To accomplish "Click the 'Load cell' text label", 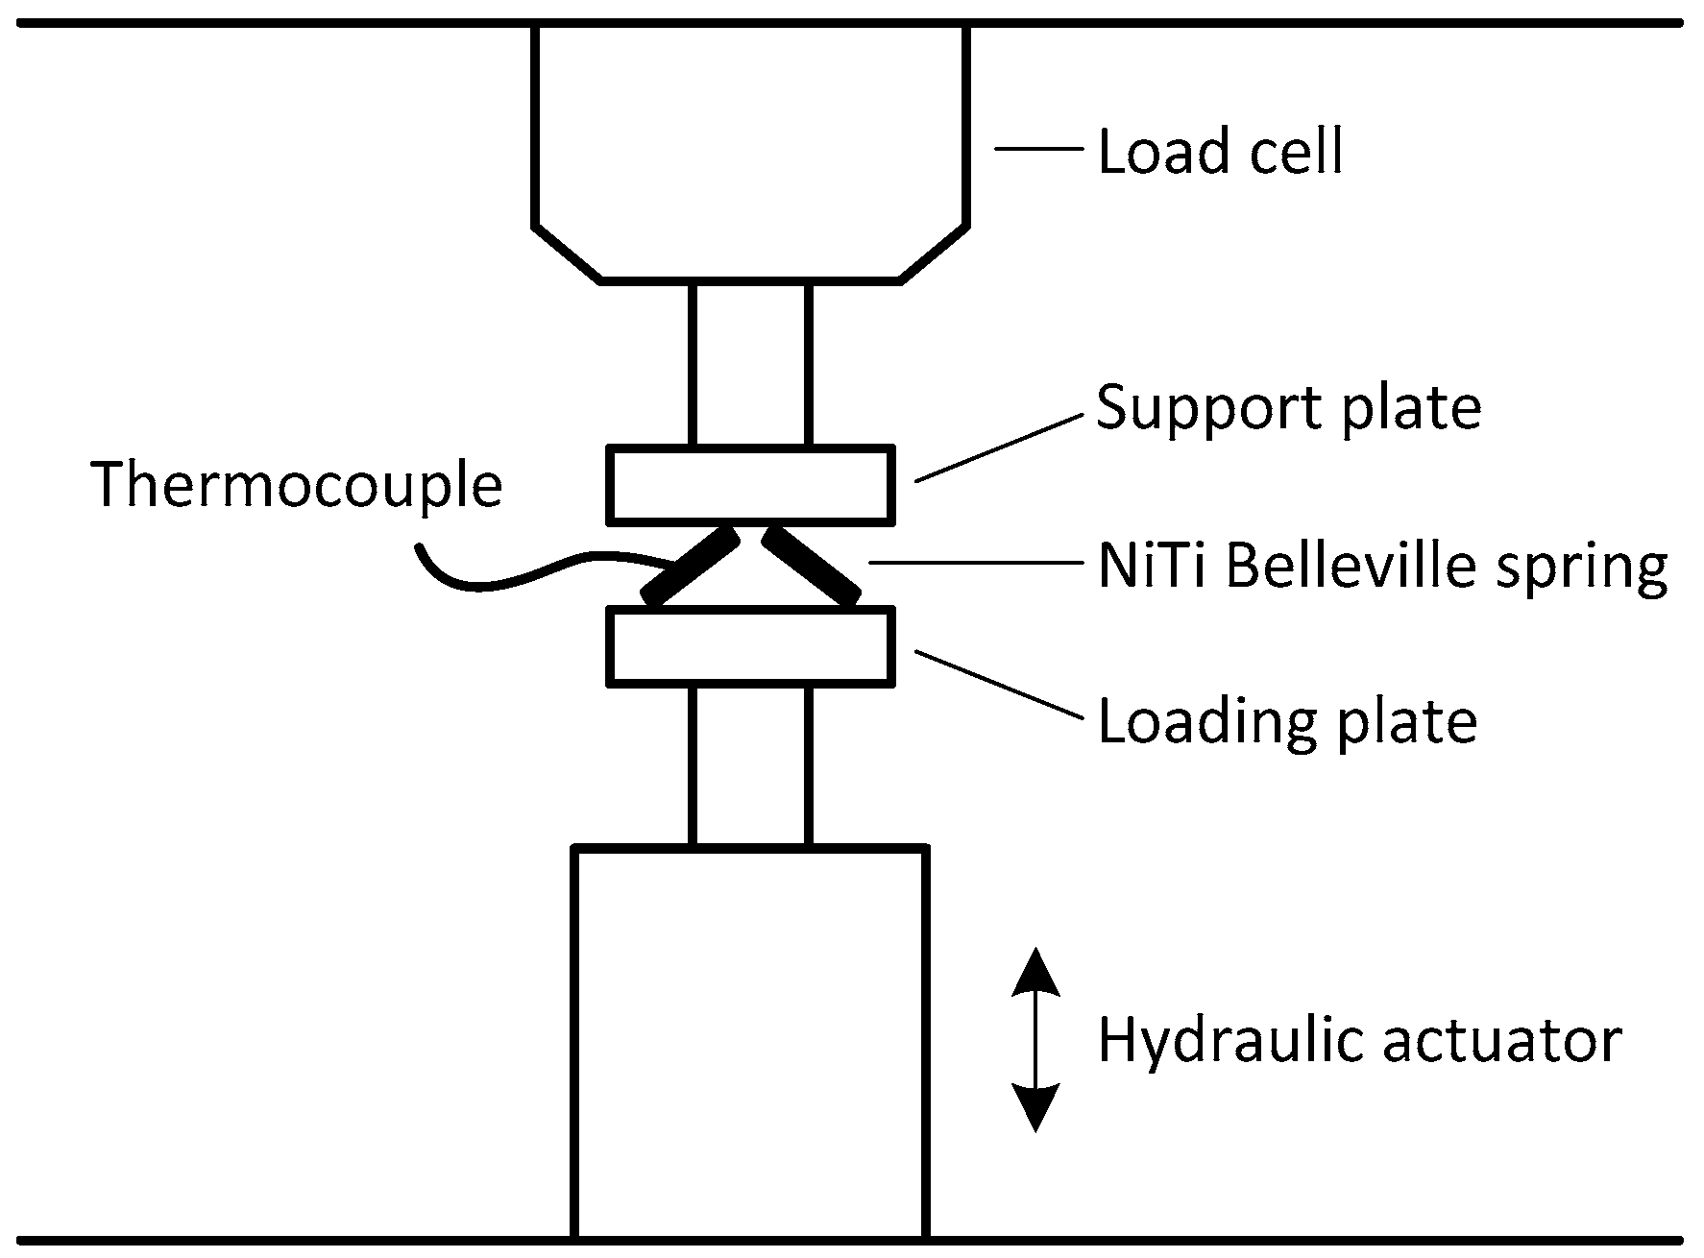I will point(1220,153).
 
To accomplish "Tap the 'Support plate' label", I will point(1288,408).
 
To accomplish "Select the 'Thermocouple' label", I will point(297,485).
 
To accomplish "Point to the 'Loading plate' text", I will point(1287,721).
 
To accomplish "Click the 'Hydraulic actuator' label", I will point(1360,1040).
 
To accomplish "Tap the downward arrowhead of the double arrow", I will point(1035,1106).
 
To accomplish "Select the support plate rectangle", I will point(750,485).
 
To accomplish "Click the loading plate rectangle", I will point(750,646).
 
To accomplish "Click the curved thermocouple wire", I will point(519,577).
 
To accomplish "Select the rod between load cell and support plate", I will point(750,365).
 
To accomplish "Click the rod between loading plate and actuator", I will point(750,765).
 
